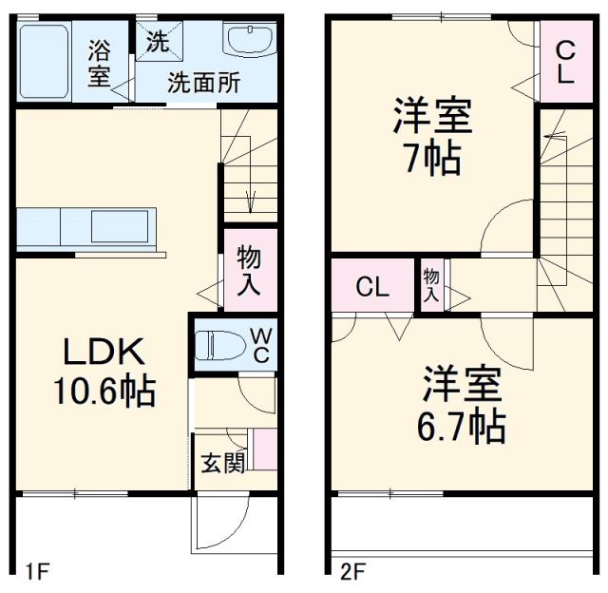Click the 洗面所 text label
coord(204,83)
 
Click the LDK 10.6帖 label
coord(104,373)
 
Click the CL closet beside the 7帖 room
coord(564,61)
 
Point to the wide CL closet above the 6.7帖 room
coord(372,287)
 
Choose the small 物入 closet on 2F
coord(431,285)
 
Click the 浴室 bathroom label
coord(99,63)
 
